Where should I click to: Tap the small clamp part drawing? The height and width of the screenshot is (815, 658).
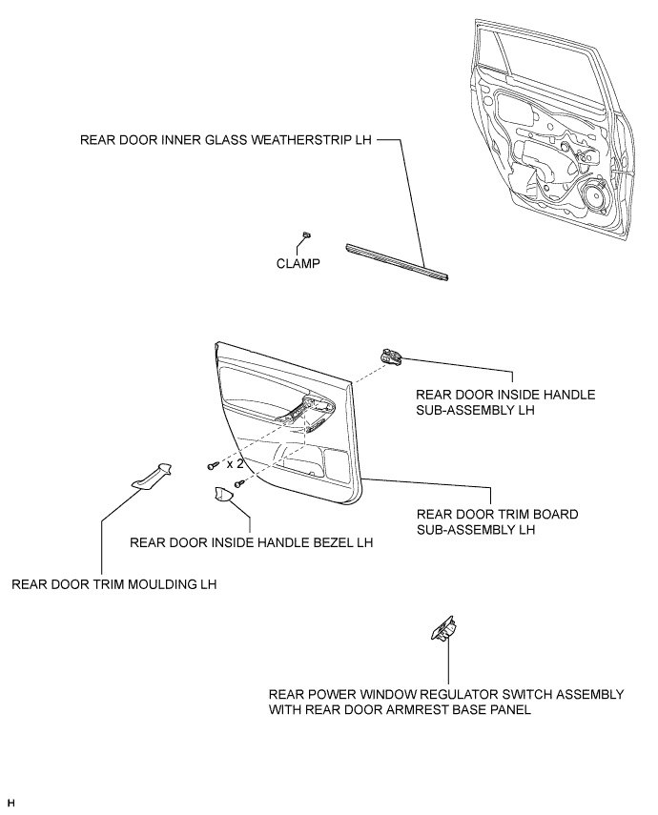pyautogui.click(x=307, y=234)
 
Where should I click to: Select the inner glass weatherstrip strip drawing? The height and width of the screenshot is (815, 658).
pyautogui.click(x=397, y=261)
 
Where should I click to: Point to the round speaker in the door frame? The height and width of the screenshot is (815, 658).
pyautogui.click(x=597, y=199)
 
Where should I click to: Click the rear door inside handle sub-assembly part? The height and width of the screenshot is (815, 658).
pyautogui.click(x=390, y=357)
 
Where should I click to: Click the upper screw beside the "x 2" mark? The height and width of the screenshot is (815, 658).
pyautogui.click(x=213, y=466)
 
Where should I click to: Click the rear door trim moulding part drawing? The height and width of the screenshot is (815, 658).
pyautogui.click(x=152, y=475)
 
